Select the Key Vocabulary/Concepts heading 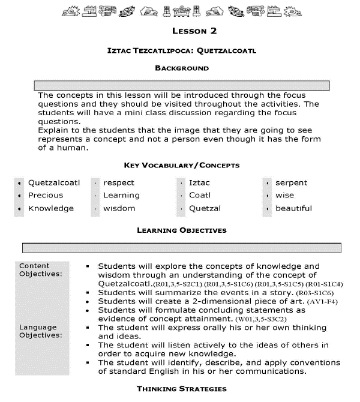pos(181,165)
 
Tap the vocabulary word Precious pos(46,195)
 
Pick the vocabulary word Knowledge pos(51,208)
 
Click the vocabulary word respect pos(119,182)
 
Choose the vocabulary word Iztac pos(199,182)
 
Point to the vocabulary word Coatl pos(200,195)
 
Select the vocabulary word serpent pos(291,182)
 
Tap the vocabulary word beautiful pos(293,208)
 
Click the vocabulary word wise pos(284,195)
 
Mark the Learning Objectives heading pos(181,230)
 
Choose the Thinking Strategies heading pos(182,389)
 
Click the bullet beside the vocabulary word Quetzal pos(180,209)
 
